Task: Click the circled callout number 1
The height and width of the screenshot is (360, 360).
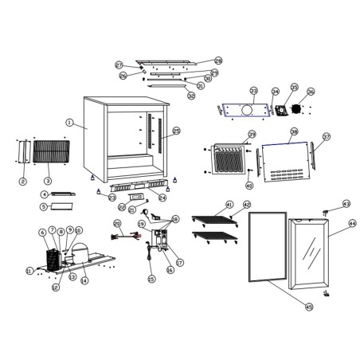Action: tap(70, 123)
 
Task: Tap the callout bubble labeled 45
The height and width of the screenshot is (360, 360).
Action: tap(309, 307)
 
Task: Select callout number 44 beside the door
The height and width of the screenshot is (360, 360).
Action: tap(352, 224)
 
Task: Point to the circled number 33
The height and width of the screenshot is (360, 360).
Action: tap(254, 91)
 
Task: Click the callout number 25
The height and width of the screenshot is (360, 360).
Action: tap(176, 131)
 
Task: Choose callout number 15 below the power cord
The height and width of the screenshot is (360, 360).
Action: tap(151, 279)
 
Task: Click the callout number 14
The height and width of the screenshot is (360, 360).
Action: tap(84, 280)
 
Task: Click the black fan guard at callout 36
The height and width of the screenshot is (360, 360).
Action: tap(297, 108)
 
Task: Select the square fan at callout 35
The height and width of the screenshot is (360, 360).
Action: tap(280, 111)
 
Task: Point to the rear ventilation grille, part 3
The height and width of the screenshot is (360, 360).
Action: tap(53, 151)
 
